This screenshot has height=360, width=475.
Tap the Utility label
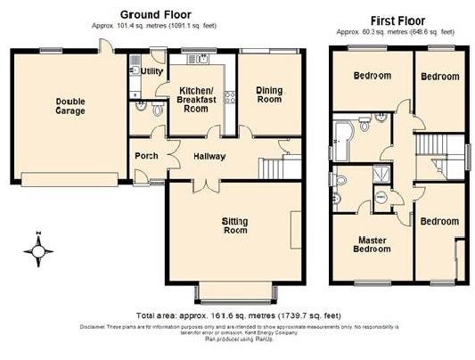tap(152, 70)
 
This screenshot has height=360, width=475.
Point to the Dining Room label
tap(269, 94)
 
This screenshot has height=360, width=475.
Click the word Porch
tap(146, 156)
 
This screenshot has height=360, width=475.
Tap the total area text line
tap(239, 316)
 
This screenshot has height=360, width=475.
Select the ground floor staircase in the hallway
tap(271, 166)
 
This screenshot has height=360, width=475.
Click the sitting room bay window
tap(236, 291)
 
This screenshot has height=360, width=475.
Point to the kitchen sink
tap(199, 61)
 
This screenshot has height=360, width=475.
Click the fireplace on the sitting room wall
tap(295, 223)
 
